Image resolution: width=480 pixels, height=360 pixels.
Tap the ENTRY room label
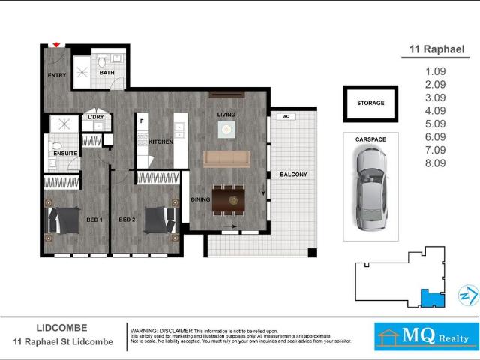tap(56, 76)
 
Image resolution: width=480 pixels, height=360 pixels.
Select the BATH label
tap(107, 73)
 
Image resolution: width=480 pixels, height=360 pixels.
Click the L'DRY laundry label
tap(95, 118)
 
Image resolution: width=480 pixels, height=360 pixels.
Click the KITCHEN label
tap(160, 142)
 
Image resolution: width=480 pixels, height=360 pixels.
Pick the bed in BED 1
tap(64, 220)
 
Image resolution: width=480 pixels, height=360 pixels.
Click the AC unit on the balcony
tap(285, 116)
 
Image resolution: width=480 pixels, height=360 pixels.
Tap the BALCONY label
tap(293, 175)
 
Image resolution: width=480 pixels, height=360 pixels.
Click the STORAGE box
tap(370, 103)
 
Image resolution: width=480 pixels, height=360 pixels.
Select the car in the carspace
tap(370, 187)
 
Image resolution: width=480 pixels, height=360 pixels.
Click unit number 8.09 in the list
tap(435, 162)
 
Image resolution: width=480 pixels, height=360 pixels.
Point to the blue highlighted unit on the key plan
tap(432, 298)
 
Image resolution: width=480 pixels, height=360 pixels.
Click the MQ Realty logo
tap(426, 337)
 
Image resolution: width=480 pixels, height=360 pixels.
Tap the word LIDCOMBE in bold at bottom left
tap(62, 328)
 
